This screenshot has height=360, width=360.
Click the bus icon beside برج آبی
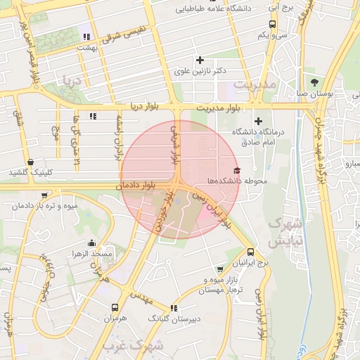point(272,23)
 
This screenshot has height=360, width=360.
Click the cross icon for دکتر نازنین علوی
point(200,60)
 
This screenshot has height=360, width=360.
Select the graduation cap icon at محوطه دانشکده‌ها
point(237,171)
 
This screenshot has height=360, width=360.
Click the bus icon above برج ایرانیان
point(252,252)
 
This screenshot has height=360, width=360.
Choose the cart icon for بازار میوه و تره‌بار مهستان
point(220,269)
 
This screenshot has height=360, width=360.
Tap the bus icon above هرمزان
point(115,307)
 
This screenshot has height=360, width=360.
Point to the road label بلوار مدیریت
point(219,107)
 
